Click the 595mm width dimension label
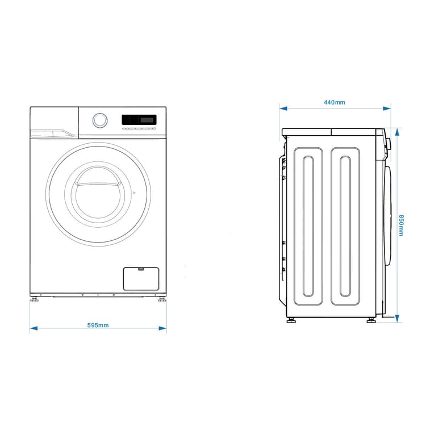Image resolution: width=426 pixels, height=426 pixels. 98,325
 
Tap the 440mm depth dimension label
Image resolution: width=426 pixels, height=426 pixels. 335,102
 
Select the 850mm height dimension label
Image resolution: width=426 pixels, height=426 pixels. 401,225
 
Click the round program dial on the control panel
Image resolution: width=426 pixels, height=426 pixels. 99,120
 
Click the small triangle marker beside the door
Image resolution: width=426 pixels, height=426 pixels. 134,193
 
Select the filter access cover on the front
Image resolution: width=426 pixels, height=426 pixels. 141,278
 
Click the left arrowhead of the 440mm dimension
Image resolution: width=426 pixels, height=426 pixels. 282,107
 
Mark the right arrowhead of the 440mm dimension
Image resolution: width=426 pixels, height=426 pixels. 387,107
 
